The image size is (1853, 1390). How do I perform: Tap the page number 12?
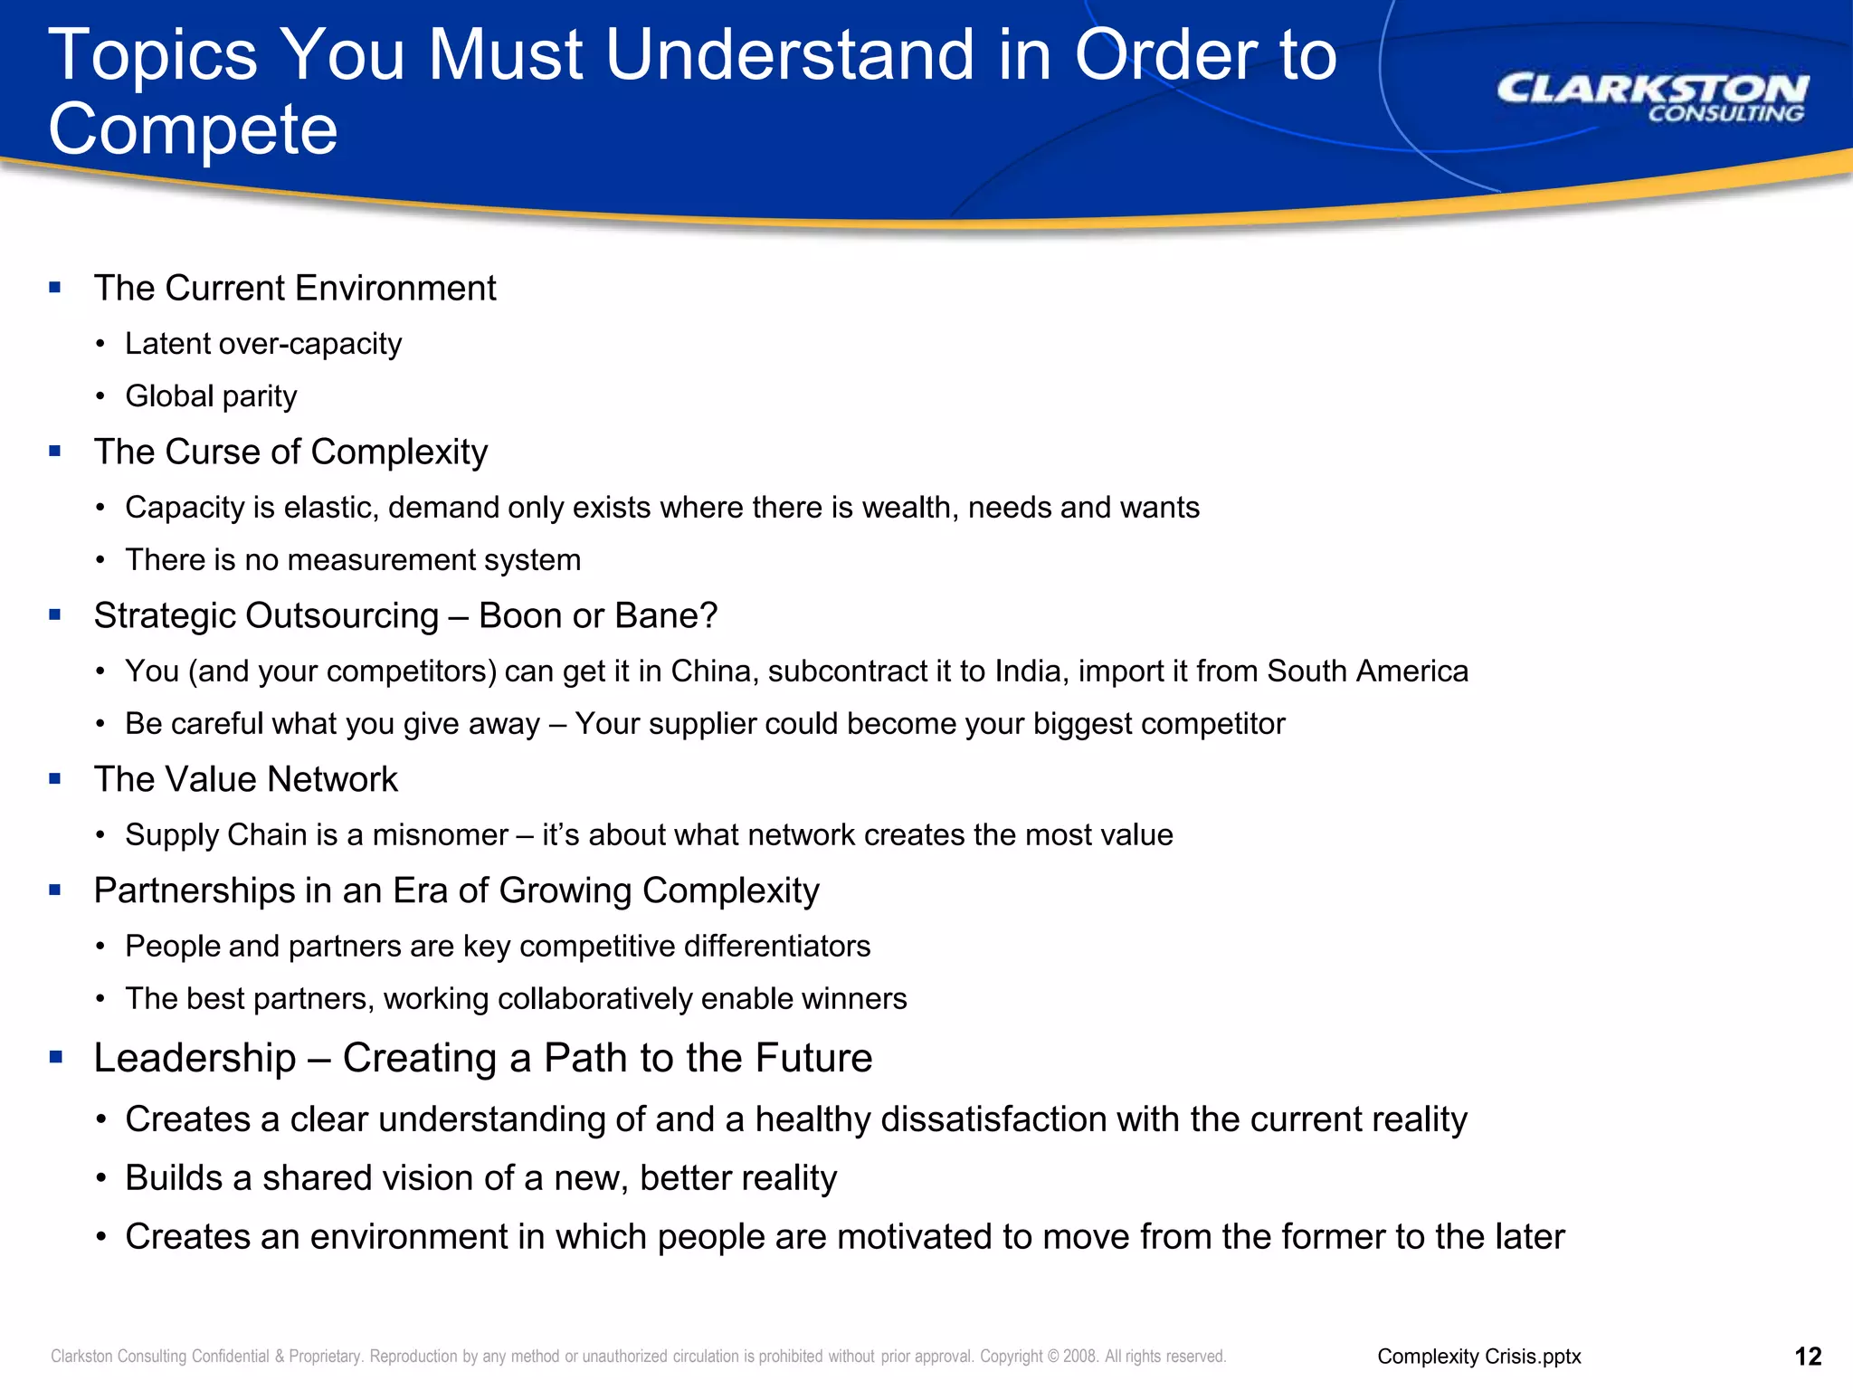[1808, 1357]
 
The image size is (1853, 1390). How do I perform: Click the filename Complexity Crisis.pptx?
[1479, 1357]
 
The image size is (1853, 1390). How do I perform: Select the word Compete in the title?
[193, 129]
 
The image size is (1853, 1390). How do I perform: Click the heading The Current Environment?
[295, 289]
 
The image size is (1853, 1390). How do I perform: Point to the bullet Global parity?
[211, 396]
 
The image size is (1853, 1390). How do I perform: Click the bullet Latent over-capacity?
[263, 344]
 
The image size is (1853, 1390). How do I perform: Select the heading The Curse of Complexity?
[290, 452]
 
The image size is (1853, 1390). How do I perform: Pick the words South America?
[1367, 671]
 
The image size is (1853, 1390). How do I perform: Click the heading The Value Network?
[245, 779]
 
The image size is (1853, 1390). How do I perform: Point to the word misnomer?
[440, 835]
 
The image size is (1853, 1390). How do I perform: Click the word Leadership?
[195, 1058]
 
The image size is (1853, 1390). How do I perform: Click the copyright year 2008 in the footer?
[1080, 1357]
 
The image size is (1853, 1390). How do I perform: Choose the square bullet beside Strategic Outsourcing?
[55, 615]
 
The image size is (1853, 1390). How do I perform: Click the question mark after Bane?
[708, 616]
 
